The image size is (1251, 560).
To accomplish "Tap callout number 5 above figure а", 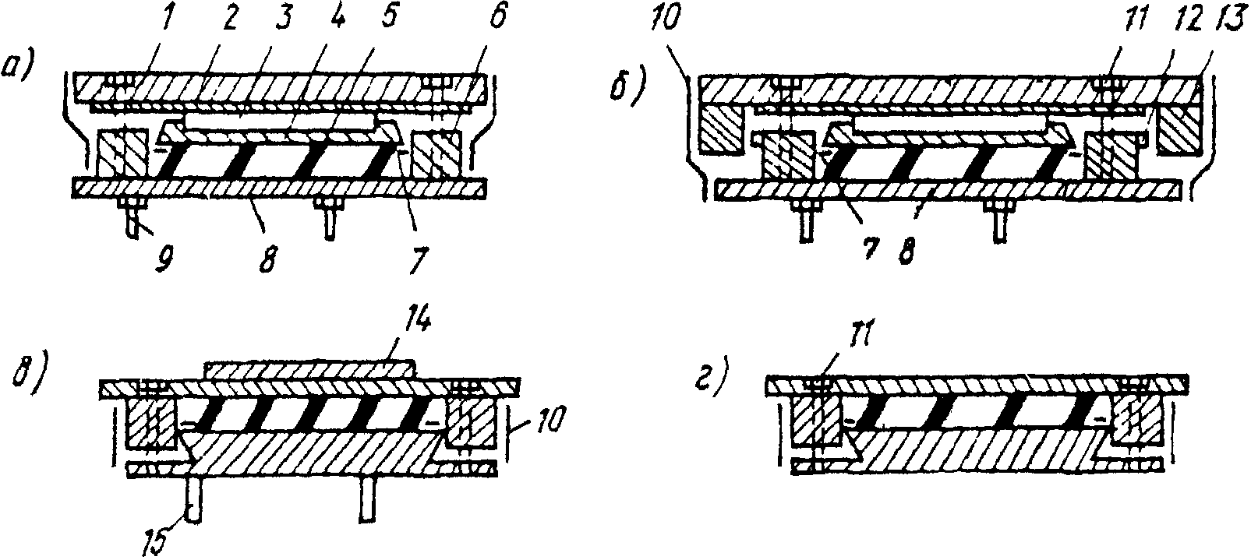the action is [x=389, y=19].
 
